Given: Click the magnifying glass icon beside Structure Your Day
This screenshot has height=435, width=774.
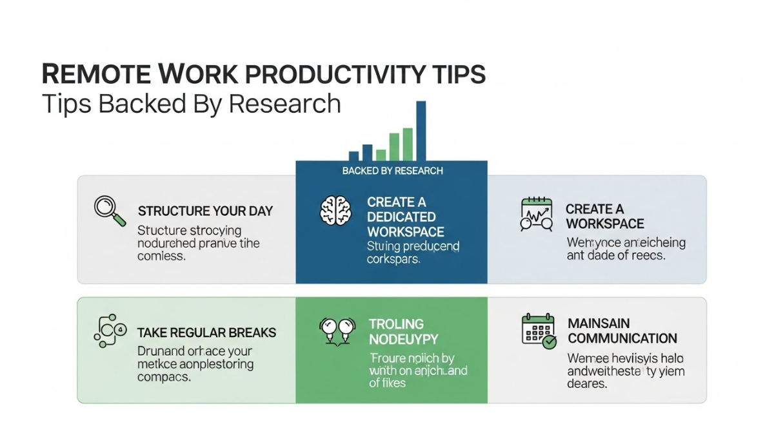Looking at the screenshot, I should [110, 211].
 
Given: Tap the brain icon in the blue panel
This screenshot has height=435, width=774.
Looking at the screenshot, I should [336, 211].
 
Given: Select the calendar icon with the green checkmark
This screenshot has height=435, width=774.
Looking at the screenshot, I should [538, 331].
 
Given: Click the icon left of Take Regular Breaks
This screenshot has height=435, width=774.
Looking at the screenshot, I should [108, 330].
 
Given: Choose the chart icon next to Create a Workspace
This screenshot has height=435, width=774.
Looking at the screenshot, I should [537, 215].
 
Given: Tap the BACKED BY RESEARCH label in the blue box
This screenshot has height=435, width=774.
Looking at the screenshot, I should [392, 171].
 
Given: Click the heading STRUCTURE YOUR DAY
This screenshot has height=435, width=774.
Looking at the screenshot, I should [205, 211].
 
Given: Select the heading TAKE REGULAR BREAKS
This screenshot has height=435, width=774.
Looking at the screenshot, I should [206, 333].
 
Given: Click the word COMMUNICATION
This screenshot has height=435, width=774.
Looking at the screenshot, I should [622, 338].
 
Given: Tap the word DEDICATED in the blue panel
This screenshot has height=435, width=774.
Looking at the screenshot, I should [401, 217].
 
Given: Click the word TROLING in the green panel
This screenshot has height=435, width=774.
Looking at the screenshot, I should [396, 324].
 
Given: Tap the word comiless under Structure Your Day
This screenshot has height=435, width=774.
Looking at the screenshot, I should [161, 256].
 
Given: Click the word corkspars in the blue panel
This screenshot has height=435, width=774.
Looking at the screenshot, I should [393, 260].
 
